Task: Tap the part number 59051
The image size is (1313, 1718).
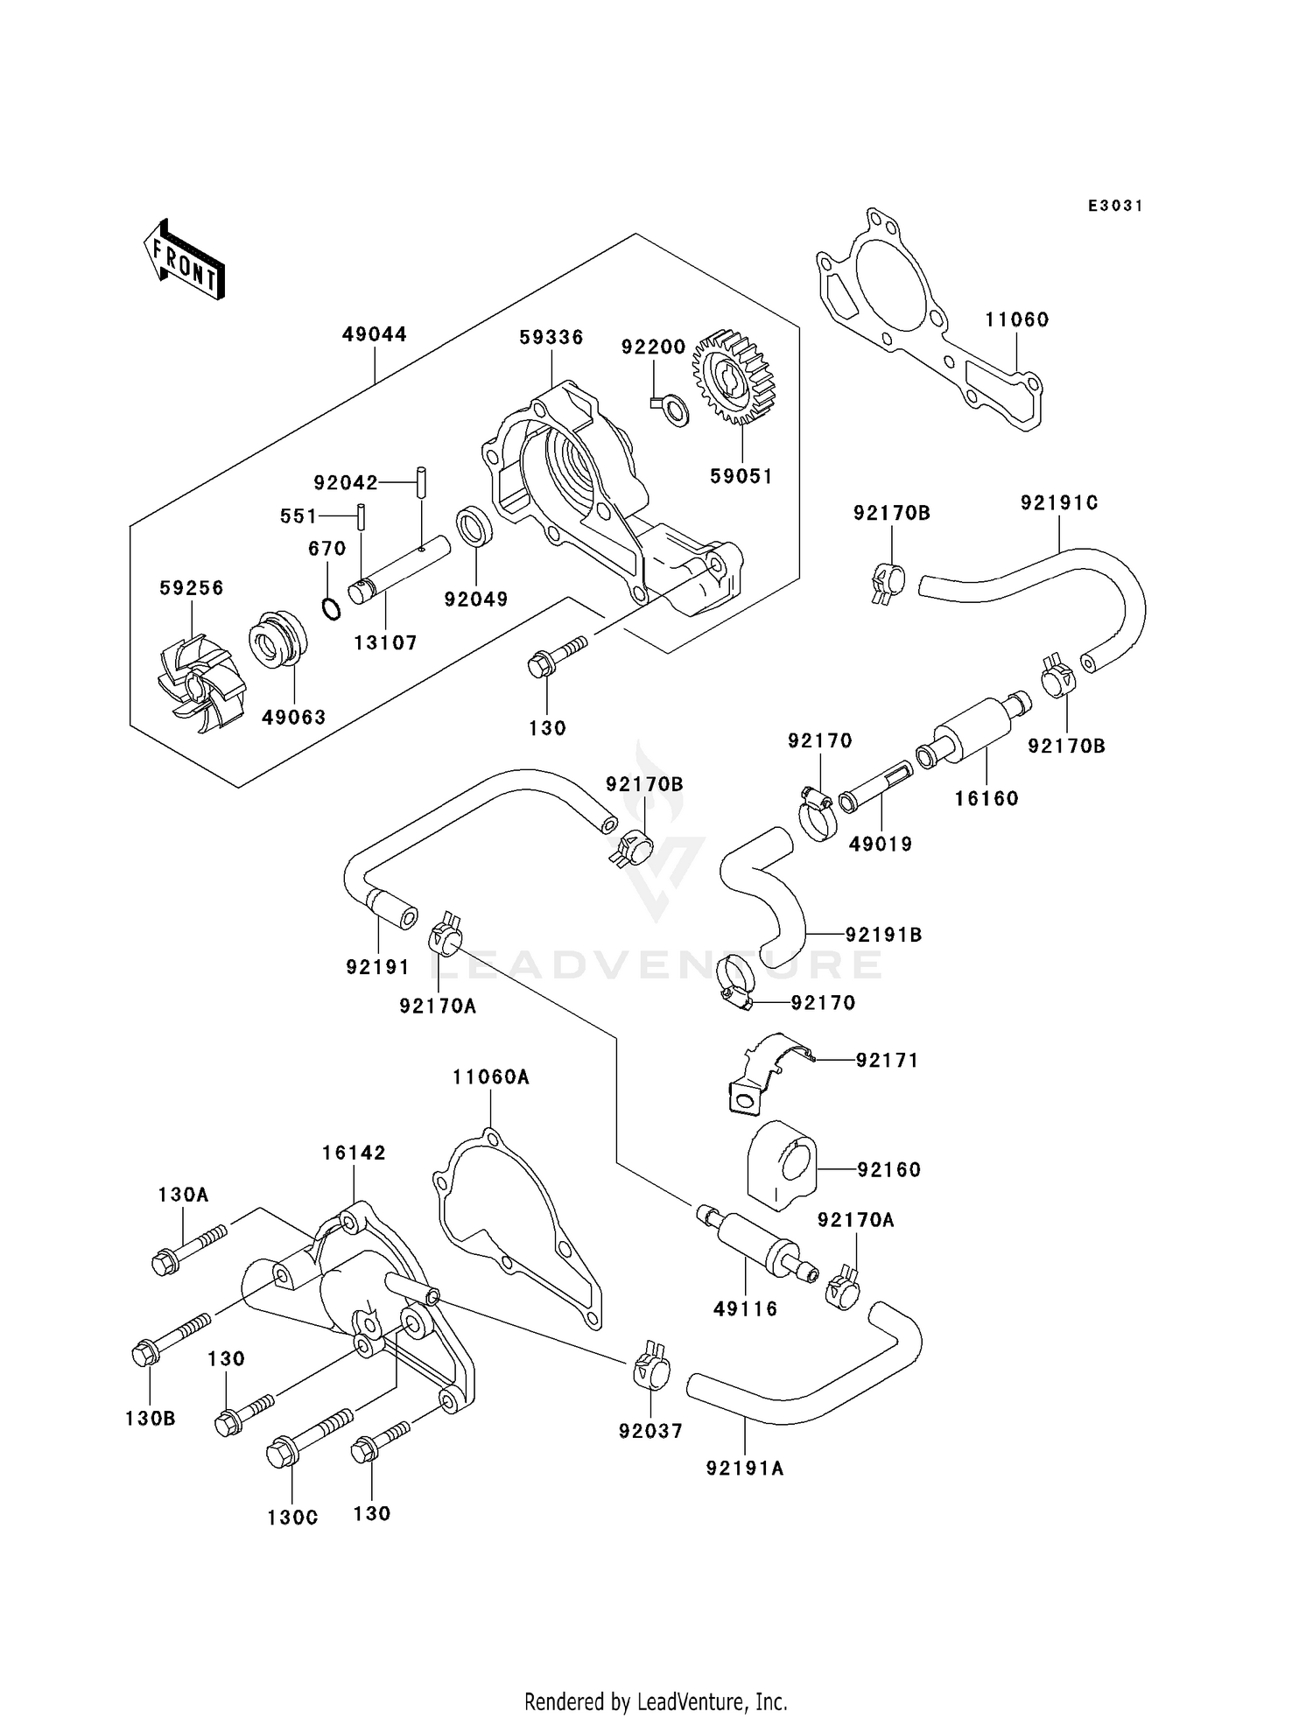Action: pos(741,476)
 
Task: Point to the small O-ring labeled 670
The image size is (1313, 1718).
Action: pos(332,608)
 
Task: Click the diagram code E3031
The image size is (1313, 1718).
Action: pos(1115,206)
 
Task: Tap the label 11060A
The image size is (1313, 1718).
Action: pos(491,1077)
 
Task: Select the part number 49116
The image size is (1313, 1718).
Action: pos(745,1309)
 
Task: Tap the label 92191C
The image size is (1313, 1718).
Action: pos(1059,503)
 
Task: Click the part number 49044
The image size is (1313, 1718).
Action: pos(374,334)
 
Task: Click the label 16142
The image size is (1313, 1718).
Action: pos(354,1153)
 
